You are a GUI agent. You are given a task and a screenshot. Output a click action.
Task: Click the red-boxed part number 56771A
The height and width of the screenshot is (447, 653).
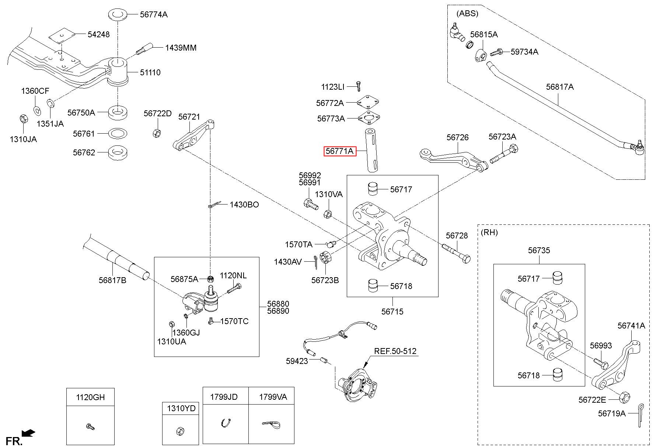tap(340, 151)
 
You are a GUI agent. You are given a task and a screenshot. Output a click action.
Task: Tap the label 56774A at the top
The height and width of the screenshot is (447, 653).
tap(154, 14)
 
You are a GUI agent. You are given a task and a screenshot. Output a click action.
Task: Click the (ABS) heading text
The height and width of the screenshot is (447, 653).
tap(467, 14)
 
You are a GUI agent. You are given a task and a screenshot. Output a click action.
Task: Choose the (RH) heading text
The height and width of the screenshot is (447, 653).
tap(489, 233)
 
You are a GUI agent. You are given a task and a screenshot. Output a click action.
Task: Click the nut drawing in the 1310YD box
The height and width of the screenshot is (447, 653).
tap(180, 430)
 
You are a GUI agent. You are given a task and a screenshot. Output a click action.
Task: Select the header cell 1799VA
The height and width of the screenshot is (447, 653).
tap(273, 397)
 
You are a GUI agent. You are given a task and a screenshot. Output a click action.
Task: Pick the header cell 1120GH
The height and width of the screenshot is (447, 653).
tap(90, 397)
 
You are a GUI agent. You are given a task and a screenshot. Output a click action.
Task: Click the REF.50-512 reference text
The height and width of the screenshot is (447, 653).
tap(395, 351)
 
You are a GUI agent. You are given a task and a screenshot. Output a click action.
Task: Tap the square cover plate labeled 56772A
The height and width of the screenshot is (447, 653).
tap(368, 102)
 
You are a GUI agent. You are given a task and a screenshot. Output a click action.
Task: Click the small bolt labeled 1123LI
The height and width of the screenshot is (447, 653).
tap(358, 86)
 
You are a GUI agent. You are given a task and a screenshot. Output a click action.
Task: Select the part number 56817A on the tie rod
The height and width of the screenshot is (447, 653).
tap(560, 87)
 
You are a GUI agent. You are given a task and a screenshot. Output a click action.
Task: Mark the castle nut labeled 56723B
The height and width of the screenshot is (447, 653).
tap(325, 257)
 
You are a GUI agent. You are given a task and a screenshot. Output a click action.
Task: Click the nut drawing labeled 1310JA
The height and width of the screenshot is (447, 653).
tap(23, 119)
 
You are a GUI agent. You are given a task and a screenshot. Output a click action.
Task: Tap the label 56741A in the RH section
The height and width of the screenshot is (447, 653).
tap(631, 325)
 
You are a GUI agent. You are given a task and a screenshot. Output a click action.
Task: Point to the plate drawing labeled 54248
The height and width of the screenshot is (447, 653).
tap(62, 34)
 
